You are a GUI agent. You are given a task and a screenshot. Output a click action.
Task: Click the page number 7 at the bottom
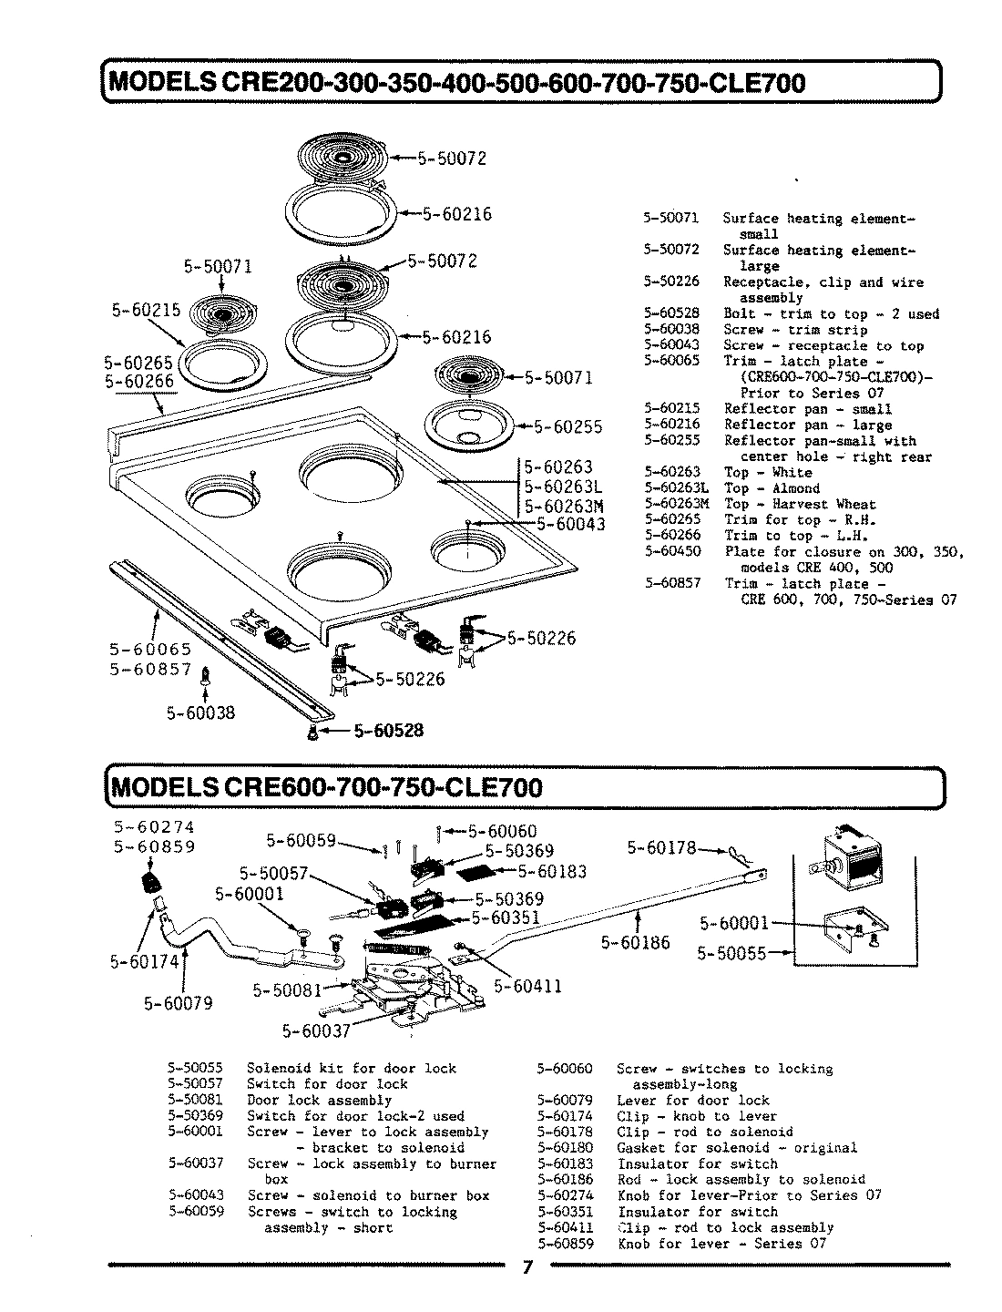[527, 1269]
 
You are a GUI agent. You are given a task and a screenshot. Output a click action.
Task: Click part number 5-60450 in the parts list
[671, 552]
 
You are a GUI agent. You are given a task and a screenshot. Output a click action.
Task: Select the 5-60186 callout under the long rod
[635, 943]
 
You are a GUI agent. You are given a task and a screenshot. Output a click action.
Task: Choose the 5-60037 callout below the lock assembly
[315, 1031]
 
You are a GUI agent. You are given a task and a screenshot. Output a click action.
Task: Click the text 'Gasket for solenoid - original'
[736, 1148]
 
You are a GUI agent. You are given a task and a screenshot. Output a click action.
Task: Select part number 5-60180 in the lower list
[565, 1148]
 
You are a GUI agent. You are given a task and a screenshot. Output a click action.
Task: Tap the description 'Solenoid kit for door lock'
[352, 1069]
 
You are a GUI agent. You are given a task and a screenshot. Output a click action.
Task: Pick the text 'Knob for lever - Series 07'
[721, 1244]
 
